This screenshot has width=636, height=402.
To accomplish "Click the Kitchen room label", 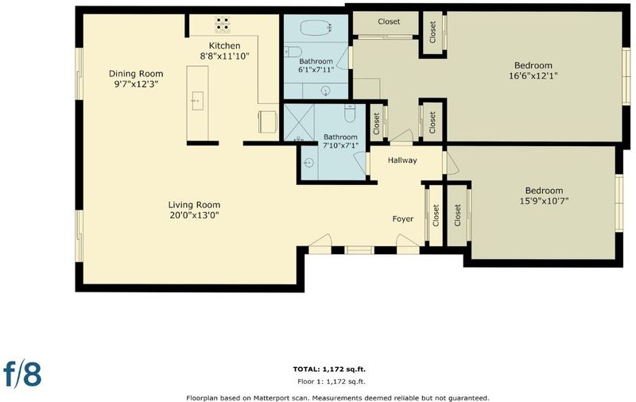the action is tap(224, 46).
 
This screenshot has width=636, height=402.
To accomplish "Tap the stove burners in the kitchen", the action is tap(222, 25).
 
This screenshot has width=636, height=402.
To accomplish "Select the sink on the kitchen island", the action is tap(197, 100).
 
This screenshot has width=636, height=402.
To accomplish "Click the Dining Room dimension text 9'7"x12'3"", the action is tap(136, 84).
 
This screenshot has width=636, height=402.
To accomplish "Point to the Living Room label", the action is tap(194, 205).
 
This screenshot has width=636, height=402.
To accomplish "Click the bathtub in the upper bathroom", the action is tap(316, 28).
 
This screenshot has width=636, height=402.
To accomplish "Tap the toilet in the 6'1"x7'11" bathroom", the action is tap(293, 52).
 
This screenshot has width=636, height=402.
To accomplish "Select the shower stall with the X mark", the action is tap(299, 122).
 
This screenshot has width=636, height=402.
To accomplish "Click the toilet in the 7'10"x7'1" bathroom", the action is tap(350, 113).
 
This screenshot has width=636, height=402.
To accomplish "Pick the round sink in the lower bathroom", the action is tap(308, 163).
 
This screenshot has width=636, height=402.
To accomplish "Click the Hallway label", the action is tap(402, 160).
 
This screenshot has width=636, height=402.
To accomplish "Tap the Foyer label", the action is tap(403, 218).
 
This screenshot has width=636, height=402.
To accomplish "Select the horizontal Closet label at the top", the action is tap(389, 21).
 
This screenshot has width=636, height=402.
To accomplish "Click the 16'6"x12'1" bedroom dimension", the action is tap(533, 75).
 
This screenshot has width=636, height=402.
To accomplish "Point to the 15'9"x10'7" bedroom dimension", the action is tap(544, 200).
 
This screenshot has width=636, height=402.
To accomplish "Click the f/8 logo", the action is tap(22, 373).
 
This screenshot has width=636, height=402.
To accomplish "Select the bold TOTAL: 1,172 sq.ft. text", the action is tap(329, 369).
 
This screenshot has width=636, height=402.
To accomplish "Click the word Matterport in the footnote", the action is tap(270, 398).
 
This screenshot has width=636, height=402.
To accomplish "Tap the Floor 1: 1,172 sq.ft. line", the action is tap(331, 381).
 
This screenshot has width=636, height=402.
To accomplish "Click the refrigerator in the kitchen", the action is tap(268, 122).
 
